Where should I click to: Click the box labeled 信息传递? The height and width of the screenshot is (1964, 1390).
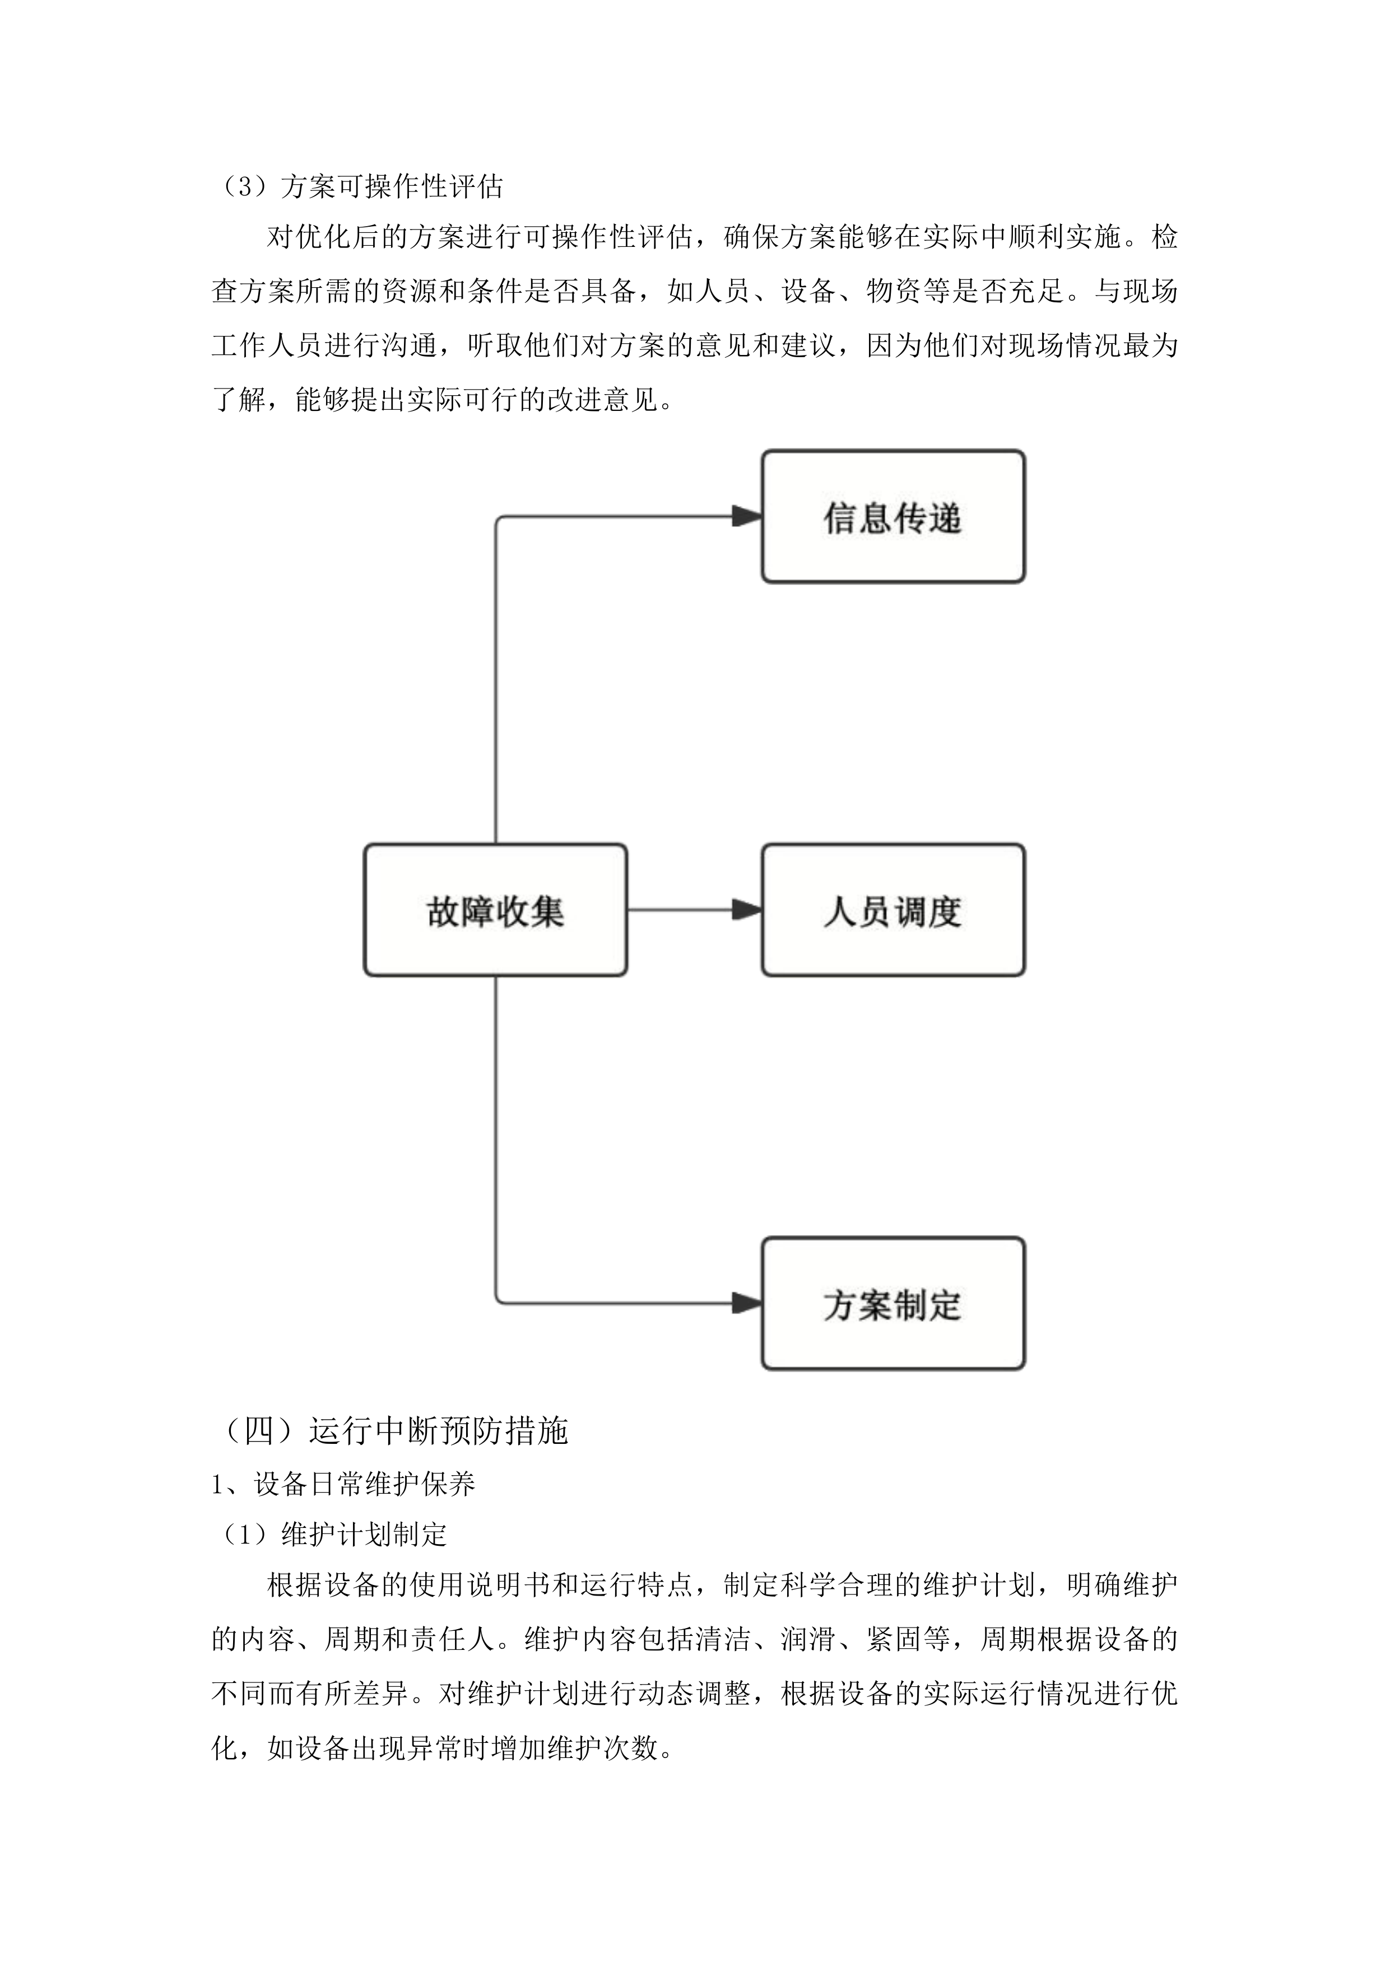[x=892, y=517]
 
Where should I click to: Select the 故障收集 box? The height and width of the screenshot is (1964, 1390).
[x=496, y=910]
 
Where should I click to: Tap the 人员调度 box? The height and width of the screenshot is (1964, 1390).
[x=892, y=910]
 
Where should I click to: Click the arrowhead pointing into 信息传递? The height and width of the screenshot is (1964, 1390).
[x=747, y=517]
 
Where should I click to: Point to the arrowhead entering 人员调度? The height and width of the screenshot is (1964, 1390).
[x=747, y=910]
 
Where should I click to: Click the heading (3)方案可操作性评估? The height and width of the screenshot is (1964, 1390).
[x=360, y=186]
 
